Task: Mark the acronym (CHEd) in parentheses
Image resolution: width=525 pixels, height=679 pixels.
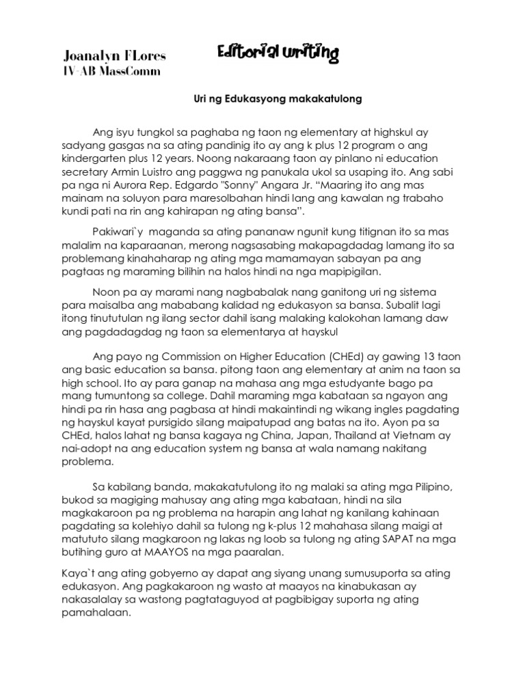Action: click(338, 356)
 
